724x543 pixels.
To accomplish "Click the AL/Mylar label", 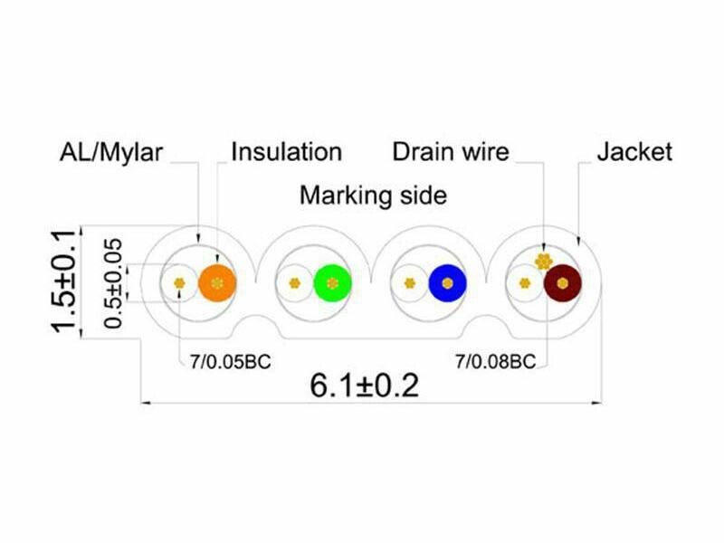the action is click(111, 152).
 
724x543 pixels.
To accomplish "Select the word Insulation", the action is click(287, 151).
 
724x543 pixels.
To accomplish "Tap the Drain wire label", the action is click(451, 151).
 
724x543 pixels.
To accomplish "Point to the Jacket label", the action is click(634, 151).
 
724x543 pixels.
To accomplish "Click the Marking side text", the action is click(373, 195).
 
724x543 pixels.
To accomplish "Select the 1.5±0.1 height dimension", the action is click(62, 281).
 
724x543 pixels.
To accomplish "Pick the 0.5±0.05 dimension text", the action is click(113, 283).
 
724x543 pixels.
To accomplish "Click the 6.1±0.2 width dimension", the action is click(365, 386).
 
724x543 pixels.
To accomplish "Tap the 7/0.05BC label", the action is click(231, 361).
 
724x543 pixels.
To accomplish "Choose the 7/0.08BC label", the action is click(495, 361).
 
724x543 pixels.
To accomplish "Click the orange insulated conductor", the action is click(217, 283).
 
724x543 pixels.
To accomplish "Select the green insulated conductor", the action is click(332, 283).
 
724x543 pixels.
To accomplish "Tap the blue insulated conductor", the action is click(447, 283).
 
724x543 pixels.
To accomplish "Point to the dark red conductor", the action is click(562, 283).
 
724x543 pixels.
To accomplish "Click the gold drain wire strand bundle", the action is click(544, 262).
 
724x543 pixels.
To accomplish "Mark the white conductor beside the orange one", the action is click(179, 283).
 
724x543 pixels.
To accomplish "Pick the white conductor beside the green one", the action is click(295, 283).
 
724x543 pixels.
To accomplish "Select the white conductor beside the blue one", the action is click(410, 283).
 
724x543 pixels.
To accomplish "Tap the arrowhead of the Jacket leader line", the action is click(579, 240).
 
